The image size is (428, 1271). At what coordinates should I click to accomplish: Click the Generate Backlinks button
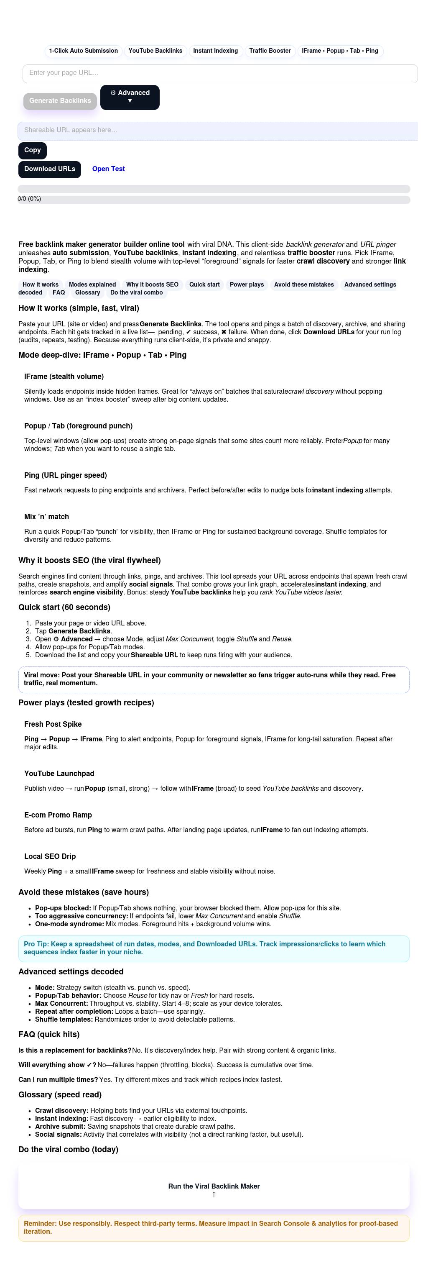(60, 101)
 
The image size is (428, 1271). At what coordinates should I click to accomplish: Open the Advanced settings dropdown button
(130, 97)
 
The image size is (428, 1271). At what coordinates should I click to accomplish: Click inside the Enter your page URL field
(220, 73)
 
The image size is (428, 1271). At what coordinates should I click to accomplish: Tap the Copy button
(33, 151)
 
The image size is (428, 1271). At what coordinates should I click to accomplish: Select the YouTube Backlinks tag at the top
(155, 51)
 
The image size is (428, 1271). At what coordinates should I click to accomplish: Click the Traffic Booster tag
(270, 51)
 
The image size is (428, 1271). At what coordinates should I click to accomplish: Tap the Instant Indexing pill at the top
(216, 51)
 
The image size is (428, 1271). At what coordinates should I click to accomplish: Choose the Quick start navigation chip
(204, 284)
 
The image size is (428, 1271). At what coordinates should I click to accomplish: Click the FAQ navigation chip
(59, 292)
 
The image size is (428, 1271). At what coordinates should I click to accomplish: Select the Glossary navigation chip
(88, 292)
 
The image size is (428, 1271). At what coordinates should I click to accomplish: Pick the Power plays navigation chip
(247, 284)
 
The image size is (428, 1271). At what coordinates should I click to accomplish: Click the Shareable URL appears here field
(217, 130)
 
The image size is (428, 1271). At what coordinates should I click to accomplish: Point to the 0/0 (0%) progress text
(30, 199)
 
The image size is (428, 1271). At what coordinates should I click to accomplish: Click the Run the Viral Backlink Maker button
(214, 1186)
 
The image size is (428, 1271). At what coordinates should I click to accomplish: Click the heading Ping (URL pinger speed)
(66, 475)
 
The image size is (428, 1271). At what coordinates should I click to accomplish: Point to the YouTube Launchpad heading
(59, 774)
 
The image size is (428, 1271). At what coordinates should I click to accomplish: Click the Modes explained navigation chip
(92, 284)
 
